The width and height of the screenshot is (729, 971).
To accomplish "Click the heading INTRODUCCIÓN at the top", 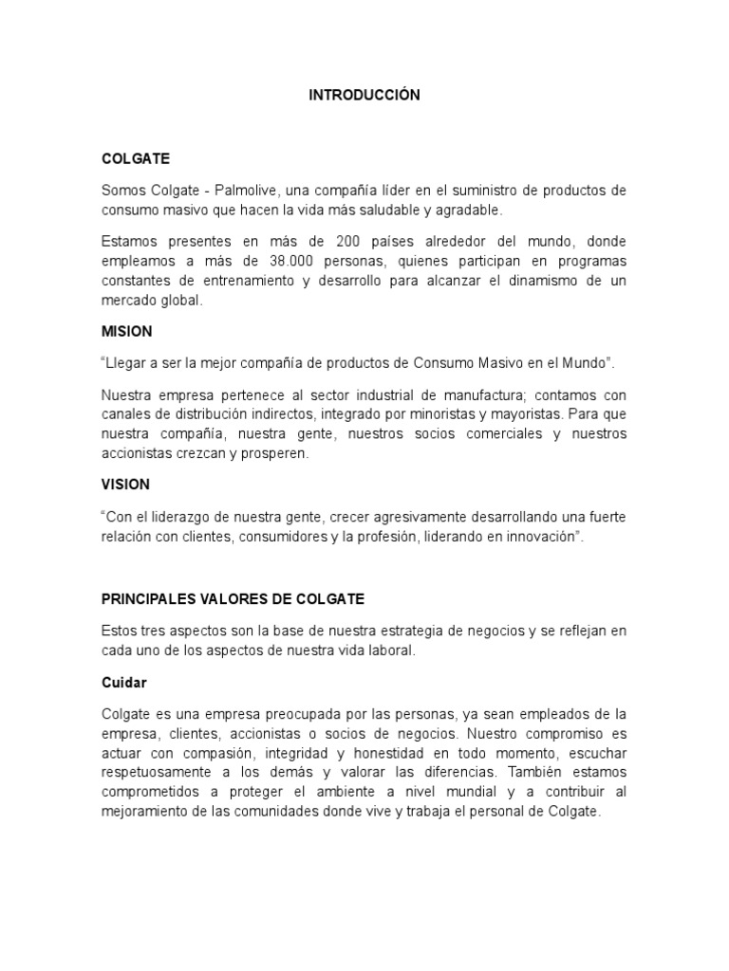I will click(x=364, y=96).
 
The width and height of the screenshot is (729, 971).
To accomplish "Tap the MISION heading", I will click(x=126, y=333).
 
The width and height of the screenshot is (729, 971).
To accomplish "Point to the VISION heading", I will click(x=125, y=485).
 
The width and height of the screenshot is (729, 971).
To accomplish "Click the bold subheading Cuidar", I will click(x=123, y=682).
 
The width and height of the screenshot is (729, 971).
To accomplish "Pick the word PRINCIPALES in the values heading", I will click(x=146, y=599).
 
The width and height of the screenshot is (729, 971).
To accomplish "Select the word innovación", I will click(x=539, y=536).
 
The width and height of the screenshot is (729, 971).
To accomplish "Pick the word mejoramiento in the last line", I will click(x=143, y=812).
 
